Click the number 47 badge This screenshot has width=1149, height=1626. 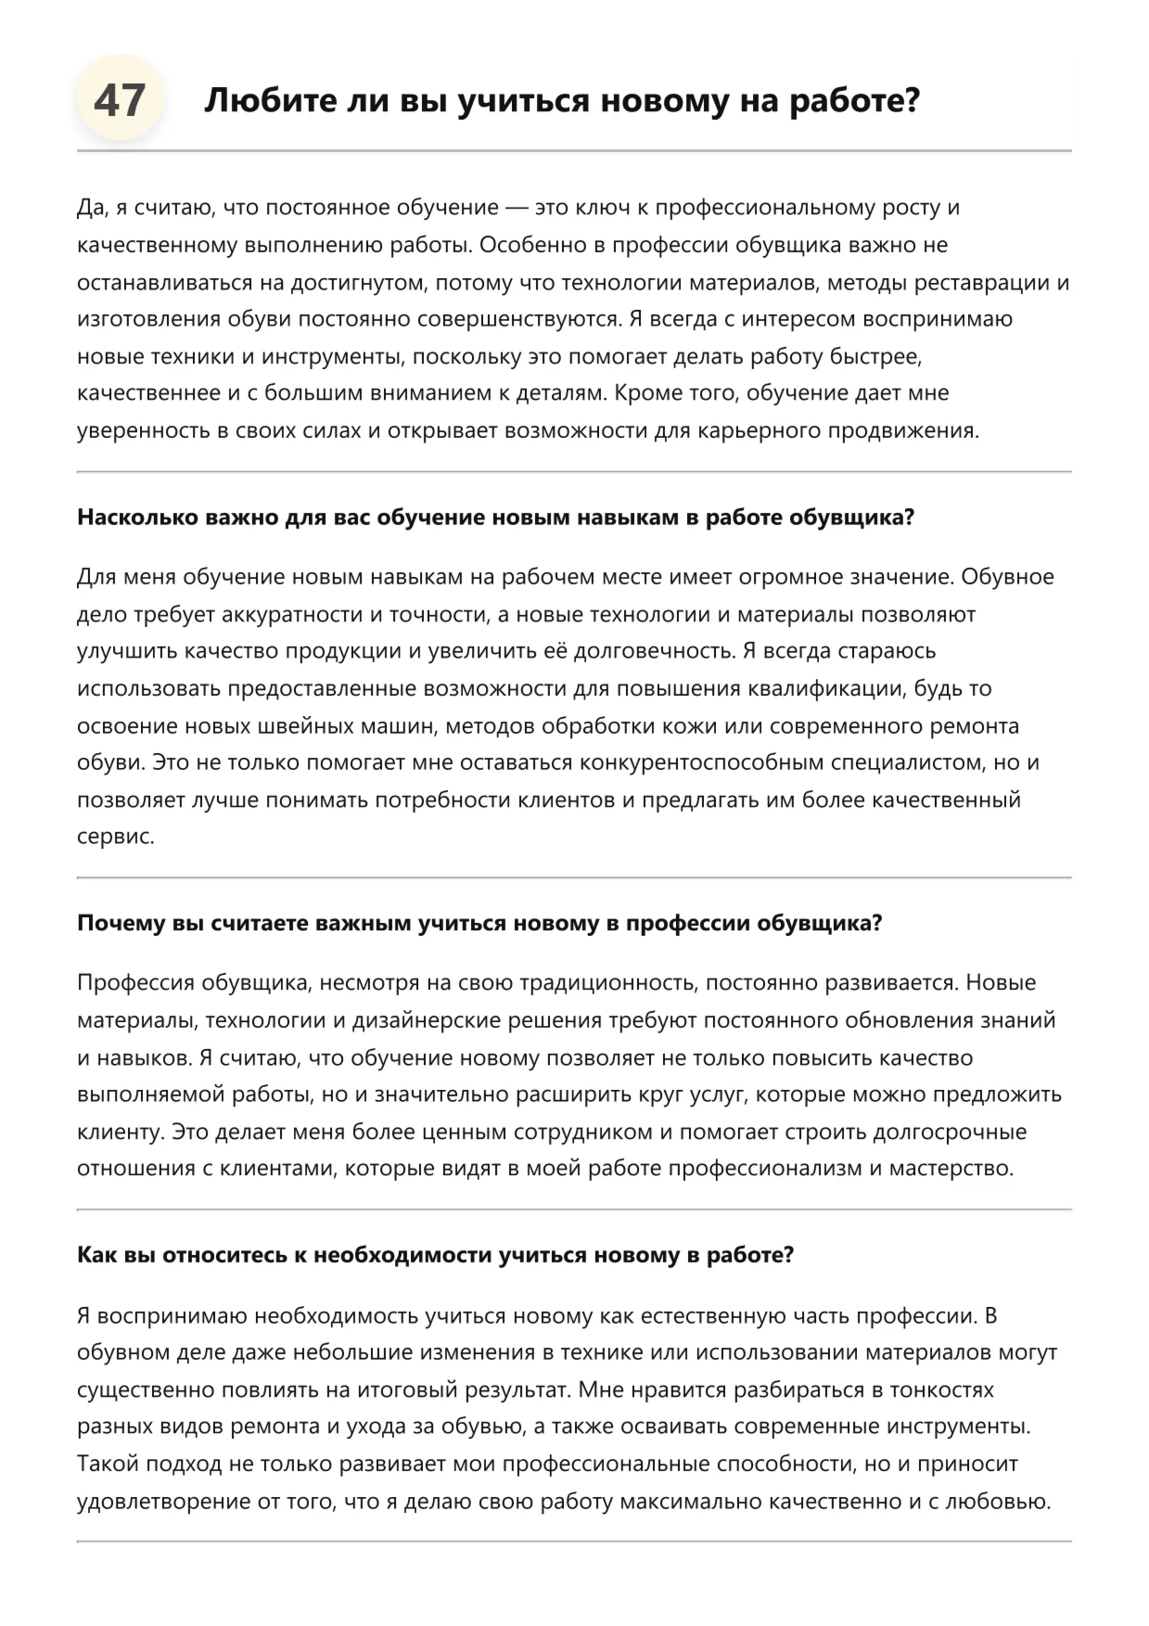pos(120,99)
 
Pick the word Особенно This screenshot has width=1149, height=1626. pos(531,245)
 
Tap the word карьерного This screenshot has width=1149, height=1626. pos(759,430)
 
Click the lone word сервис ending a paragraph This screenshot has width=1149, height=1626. pos(115,837)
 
